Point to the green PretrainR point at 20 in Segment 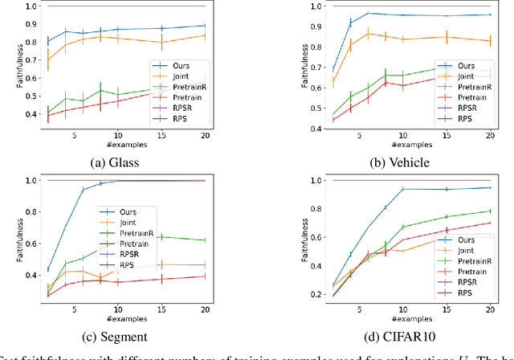(x=204, y=240)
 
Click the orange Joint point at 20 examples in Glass (x=204, y=35)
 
